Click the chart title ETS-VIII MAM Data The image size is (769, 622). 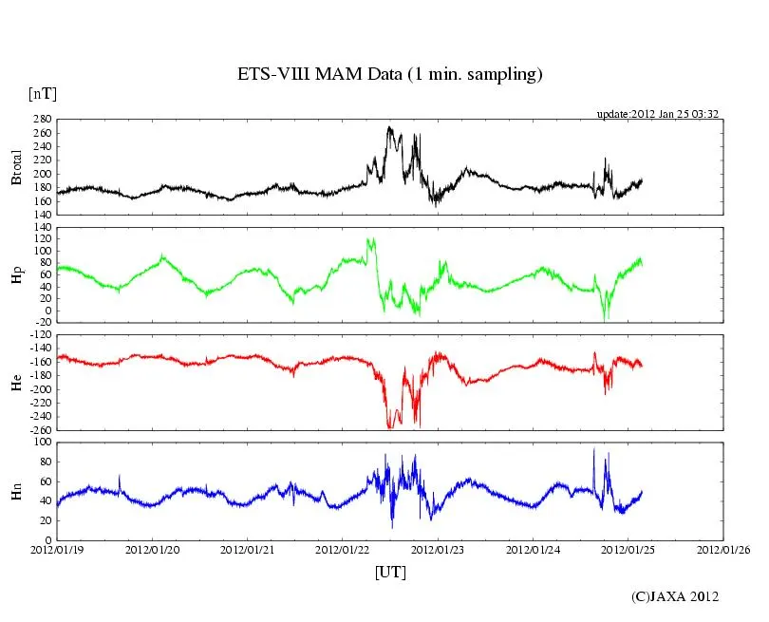[x=389, y=75]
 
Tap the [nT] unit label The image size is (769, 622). [x=42, y=93]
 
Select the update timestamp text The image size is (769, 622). [x=657, y=114]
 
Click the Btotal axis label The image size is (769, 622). [x=16, y=168]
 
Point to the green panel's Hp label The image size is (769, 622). [x=16, y=274]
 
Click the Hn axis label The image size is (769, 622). [x=16, y=490]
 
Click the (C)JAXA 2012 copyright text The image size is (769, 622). [x=675, y=596]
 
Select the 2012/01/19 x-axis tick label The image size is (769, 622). [x=57, y=549]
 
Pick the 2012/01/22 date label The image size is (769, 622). [x=343, y=549]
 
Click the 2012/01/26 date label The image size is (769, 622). [x=723, y=549]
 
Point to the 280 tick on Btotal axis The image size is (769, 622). [x=42, y=120]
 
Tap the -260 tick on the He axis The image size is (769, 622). [x=40, y=429]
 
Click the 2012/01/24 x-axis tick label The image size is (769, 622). [x=534, y=549]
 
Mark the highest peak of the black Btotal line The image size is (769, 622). [x=388, y=126]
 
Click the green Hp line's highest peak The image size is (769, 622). [x=368, y=238]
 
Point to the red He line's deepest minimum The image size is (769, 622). [x=389, y=428]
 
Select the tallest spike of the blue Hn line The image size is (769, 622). [x=594, y=449]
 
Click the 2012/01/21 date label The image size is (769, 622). [x=248, y=549]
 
